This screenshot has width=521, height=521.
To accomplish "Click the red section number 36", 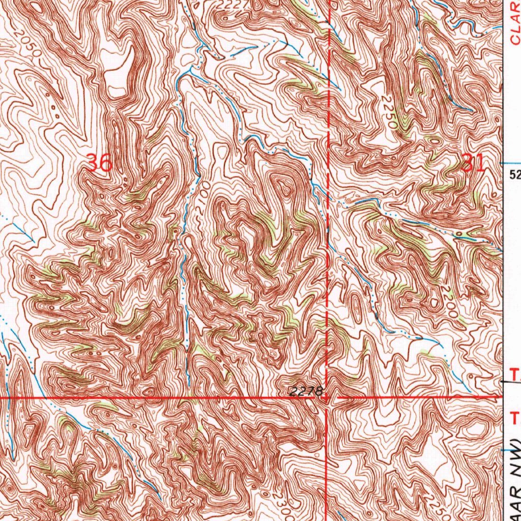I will (x=99, y=163).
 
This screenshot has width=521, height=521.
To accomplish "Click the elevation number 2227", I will (x=232, y=5).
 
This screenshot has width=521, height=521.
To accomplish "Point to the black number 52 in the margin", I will (x=515, y=175).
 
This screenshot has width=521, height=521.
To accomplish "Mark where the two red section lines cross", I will (x=326, y=396).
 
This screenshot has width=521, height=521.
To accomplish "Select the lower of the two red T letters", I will (x=515, y=419).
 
